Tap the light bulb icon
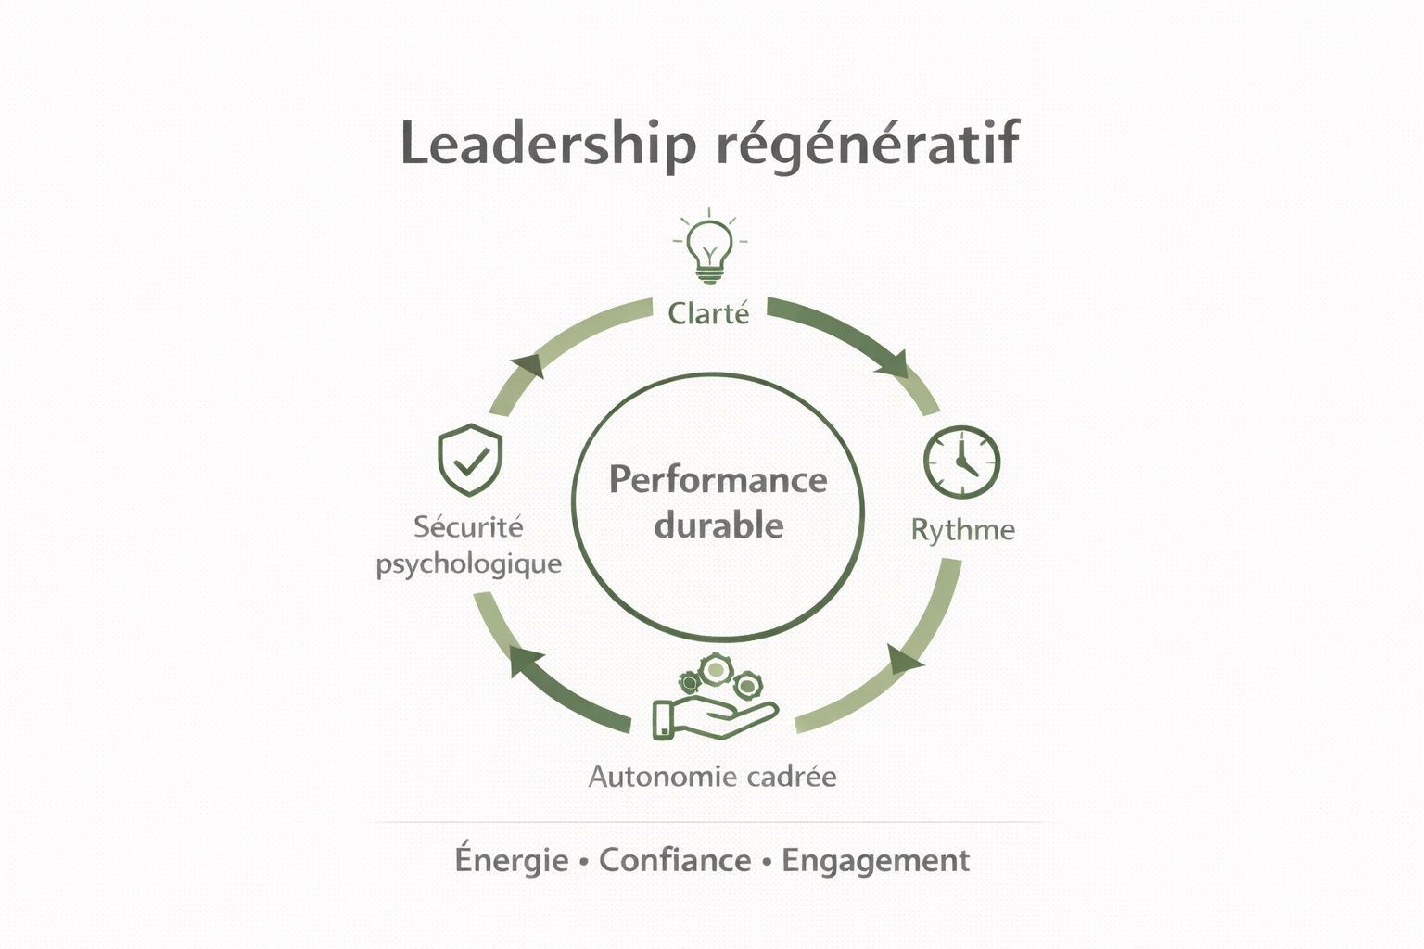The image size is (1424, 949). [x=710, y=246]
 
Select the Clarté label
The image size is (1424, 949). [x=709, y=313]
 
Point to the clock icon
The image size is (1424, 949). [x=961, y=462]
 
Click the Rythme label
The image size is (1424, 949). [x=962, y=529]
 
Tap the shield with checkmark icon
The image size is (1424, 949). [x=470, y=460]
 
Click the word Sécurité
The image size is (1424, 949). [x=468, y=527]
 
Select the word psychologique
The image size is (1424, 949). [x=468, y=564]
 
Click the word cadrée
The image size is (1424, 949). [x=791, y=776]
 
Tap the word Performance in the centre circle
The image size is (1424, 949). [x=718, y=480]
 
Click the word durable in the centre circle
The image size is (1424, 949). [x=718, y=525]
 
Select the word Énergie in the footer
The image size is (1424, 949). [x=512, y=860]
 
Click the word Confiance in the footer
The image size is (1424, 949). [x=675, y=860]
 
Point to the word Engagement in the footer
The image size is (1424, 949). [x=875, y=861]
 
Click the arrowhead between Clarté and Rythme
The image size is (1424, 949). [x=895, y=362]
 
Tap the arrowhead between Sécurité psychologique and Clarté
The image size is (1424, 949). [x=527, y=363]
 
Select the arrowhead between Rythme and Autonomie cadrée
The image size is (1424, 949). [x=904, y=659]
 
